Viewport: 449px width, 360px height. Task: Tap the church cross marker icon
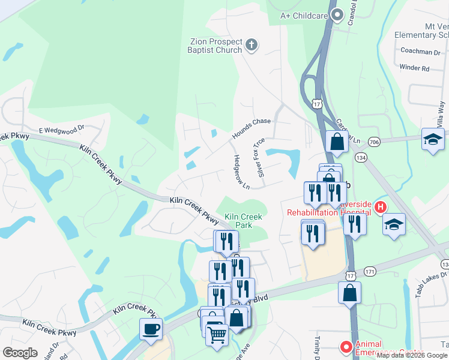click(x=252, y=44)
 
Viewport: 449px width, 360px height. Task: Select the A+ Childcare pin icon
click(x=337, y=14)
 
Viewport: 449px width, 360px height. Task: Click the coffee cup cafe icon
click(x=150, y=329)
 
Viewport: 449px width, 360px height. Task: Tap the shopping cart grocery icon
click(x=217, y=334)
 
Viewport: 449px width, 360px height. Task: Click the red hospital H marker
click(x=380, y=208)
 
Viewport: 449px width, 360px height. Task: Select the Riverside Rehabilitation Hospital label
click(x=328, y=208)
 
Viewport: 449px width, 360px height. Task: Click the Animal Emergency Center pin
click(x=346, y=346)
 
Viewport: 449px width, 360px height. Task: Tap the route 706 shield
click(x=375, y=142)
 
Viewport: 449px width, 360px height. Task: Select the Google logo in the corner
click(x=19, y=353)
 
